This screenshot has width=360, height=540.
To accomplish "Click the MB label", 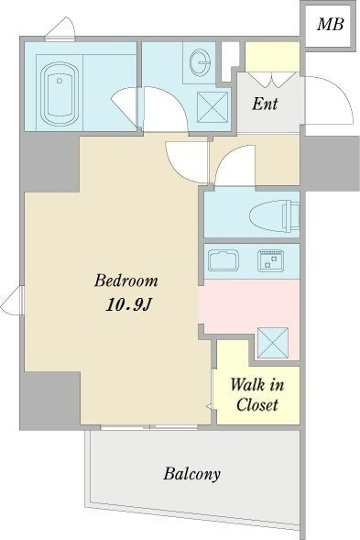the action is pos(330,24).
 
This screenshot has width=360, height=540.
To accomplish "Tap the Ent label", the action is pos(265,103).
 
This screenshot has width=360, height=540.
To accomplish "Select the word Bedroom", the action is pos(126,281).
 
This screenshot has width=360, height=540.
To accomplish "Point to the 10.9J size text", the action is pos(128,304).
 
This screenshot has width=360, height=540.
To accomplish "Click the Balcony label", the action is pos(191,474).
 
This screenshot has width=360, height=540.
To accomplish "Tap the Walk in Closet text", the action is pos(257,394).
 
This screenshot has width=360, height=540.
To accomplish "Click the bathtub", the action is pos(60,94).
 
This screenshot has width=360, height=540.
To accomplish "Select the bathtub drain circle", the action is pos(60,81).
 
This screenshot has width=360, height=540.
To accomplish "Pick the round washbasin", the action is pos(200,62).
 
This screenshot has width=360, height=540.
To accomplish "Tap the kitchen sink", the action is pos(224,260).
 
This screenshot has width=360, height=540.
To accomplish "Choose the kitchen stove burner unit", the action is pos(270,260).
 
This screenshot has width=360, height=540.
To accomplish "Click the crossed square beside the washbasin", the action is pos(213,107).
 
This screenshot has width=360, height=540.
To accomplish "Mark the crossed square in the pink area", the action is pos(273,342).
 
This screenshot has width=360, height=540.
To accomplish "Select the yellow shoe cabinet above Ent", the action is pos(272,57).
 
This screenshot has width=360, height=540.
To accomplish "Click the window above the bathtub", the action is pos(60,39).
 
